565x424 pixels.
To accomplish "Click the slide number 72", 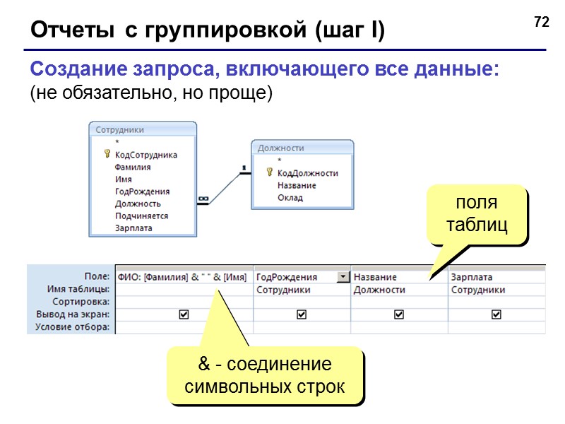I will pyautogui.click(x=542, y=23).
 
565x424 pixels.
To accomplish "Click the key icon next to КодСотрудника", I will pyautogui.click(x=107, y=154).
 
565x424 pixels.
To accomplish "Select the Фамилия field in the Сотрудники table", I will pyautogui.click(x=133, y=167).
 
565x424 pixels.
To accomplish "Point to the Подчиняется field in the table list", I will pyautogui.click(x=141, y=216).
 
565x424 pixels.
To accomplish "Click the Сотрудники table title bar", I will pyautogui.click(x=142, y=130).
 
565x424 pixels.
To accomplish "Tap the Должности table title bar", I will pyautogui.click(x=302, y=148).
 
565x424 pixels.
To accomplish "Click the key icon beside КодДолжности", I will pyautogui.click(x=269, y=172).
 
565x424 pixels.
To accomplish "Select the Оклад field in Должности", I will pyautogui.click(x=290, y=198).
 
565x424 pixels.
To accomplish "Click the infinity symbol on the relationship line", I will pyautogui.click(x=203, y=200).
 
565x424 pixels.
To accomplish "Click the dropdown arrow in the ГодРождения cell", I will pyautogui.click(x=343, y=277).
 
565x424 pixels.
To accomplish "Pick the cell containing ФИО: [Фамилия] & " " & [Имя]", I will pyautogui.click(x=182, y=277).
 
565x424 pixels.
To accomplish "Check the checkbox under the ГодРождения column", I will pyautogui.click(x=302, y=314).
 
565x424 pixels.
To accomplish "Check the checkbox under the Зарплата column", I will pyautogui.click(x=496, y=314).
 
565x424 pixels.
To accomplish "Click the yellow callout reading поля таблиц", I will pyautogui.click(x=476, y=215).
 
